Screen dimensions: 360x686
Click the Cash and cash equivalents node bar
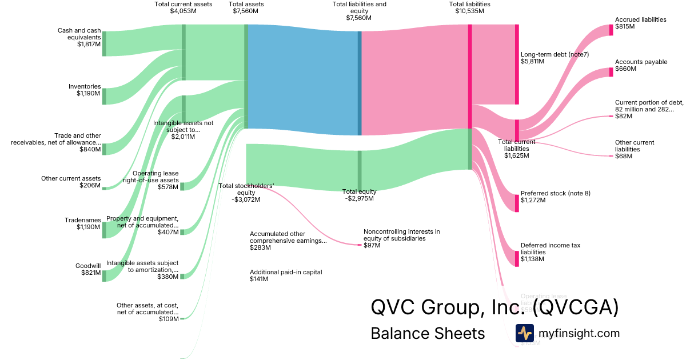coord(104,43)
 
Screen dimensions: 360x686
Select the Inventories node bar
coord(104,97)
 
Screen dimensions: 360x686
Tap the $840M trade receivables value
coord(90,149)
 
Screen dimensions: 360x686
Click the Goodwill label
coord(88,266)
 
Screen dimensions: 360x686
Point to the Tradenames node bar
coord(104,230)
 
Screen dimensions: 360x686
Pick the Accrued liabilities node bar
coord(611,30)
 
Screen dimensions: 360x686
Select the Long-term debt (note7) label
coord(555,54)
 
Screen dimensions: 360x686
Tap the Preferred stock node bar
coord(517,203)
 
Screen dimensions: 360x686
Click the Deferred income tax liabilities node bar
coord(517,258)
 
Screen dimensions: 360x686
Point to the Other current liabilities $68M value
coord(623,156)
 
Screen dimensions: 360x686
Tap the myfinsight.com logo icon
coord(524,333)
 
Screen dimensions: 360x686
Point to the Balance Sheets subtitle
coord(428,333)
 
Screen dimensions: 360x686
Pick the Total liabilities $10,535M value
coord(469,11)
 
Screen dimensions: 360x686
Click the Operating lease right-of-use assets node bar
coord(182,186)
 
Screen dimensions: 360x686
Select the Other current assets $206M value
coord(90,185)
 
